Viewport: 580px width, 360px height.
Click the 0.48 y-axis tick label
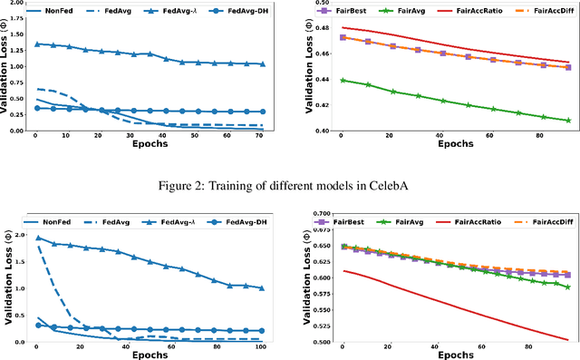tap(322, 28)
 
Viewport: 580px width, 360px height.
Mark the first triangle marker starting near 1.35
tap(35, 44)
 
